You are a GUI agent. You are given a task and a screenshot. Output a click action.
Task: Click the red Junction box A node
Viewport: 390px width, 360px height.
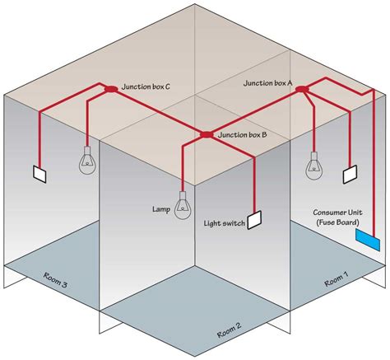point(301,88)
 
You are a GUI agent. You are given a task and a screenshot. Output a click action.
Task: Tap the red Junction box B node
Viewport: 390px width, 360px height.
point(206,133)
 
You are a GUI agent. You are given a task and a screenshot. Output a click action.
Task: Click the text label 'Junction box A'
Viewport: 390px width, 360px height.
point(269,83)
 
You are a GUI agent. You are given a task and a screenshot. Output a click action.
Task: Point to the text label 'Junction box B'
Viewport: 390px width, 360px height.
point(241,133)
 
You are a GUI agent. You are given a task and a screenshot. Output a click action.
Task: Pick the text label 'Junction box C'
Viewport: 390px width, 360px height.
point(146,86)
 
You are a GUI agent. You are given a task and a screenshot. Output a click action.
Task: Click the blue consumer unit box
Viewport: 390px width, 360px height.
point(367,240)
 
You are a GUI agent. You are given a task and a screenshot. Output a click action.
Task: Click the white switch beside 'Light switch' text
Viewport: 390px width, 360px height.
point(254,220)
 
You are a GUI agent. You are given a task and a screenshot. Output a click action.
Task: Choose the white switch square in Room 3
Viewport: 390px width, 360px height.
point(39,175)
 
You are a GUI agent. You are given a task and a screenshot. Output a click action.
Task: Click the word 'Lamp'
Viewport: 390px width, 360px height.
point(160,208)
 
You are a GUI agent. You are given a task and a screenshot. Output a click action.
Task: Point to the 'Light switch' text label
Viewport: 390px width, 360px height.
point(224,223)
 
